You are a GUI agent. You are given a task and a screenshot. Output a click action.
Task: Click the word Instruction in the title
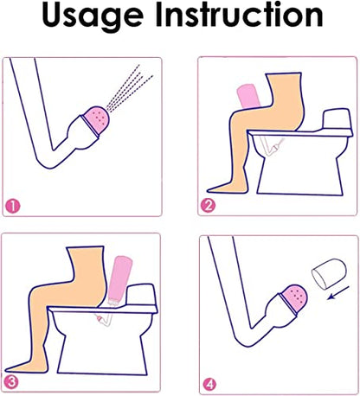coord(239,15)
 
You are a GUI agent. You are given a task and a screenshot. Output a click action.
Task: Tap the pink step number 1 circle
coord(13,207)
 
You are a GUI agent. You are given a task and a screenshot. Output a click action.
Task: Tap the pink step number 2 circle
coord(208,206)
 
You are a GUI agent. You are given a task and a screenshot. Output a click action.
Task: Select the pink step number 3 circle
coord(11,382)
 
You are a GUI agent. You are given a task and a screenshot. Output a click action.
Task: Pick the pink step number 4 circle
coord(209,385)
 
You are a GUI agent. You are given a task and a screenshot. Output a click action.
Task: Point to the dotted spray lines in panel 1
coord(129,88)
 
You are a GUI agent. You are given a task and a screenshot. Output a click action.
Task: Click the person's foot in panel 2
coord(228,188)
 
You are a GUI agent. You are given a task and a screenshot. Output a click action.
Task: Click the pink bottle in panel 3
coord(119,280)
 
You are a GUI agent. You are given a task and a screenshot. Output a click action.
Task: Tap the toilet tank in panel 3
coord(140,295)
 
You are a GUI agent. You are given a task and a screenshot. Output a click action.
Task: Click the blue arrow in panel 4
coord(338,293)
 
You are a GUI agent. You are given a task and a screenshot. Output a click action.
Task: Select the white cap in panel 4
coord(329,273)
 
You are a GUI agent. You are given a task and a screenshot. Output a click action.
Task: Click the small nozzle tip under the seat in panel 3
coord(100,319)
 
